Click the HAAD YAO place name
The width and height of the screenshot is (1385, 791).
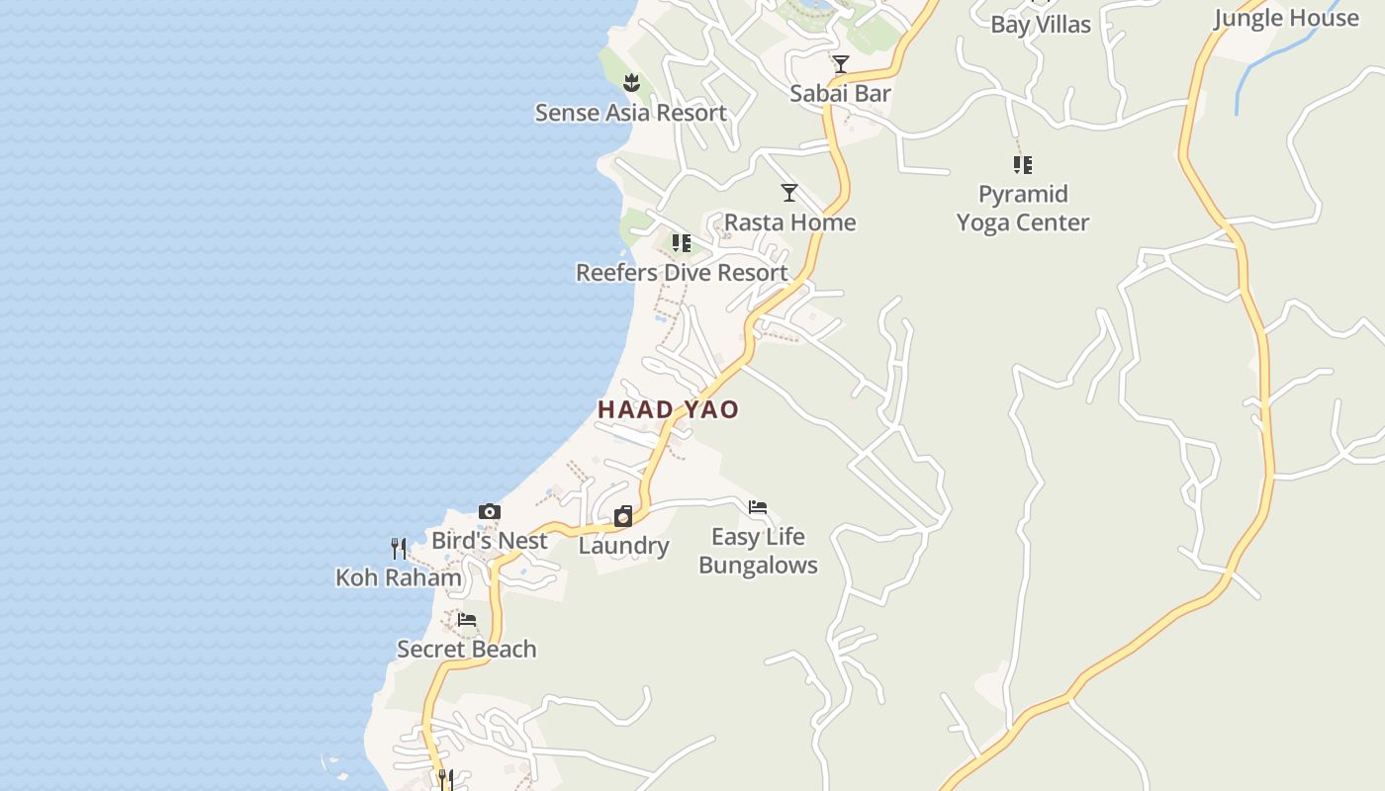668,409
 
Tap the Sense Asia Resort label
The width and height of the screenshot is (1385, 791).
631,113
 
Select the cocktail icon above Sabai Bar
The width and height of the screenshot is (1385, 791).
841,64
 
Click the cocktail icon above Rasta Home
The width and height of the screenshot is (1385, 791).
789,193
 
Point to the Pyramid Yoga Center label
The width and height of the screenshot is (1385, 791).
1023,208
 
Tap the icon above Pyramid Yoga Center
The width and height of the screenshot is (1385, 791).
1023,164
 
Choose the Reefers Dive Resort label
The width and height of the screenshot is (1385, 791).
682,272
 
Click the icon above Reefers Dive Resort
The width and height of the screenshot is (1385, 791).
682,242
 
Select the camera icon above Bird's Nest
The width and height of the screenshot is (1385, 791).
490,512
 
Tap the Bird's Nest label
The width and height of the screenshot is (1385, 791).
490,541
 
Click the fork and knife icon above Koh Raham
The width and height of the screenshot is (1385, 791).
399,548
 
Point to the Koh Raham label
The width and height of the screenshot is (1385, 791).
399,577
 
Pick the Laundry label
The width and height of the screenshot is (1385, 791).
623,546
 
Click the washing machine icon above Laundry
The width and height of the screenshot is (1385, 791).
623,516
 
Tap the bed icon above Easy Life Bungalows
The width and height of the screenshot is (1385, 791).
758,508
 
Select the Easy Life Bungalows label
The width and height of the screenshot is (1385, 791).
758,551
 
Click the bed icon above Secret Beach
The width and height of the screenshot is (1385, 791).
467,620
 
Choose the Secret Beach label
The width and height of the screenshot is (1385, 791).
467,649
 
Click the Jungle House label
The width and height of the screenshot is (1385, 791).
1286,18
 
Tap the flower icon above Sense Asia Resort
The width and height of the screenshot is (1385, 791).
632,82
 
